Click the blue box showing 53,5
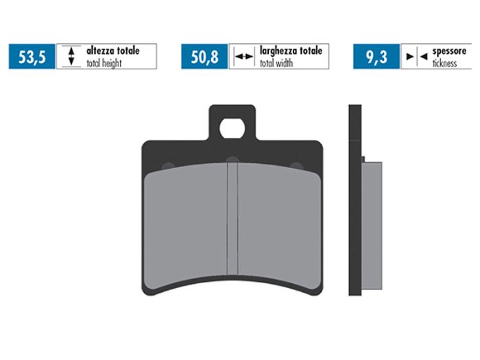click(32, 57)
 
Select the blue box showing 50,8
click(204, 57)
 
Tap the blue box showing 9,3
click(376, 57)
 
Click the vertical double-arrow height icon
click(70, 57)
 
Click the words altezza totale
click(112, 51)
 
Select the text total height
click(104, 62)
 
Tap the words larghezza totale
click(290, 51)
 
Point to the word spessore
click(450, 51)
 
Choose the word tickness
click(446, 62)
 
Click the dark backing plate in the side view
click(355, 206)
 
